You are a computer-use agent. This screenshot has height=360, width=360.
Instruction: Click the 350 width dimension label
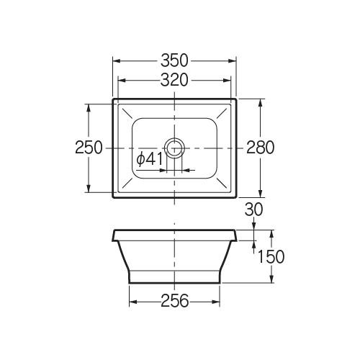tap(174, 60)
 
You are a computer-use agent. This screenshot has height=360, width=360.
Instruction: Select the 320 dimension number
tap(174, 80)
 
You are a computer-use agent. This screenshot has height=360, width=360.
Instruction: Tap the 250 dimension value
tap(89, 148)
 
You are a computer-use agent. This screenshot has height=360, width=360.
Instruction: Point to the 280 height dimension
tap(261, 148)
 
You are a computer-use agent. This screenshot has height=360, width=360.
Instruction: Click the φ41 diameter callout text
tap(150, 159)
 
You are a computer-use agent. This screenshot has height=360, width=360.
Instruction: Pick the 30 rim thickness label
tap(254, 210)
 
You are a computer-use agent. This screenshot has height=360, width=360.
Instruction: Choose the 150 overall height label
tap(271, 256)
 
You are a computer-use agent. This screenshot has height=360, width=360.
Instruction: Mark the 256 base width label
tap(175, 301)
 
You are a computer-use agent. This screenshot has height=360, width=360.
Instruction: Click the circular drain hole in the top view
tap(174, 148)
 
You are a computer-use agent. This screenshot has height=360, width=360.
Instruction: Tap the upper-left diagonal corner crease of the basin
tap(127, 113)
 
